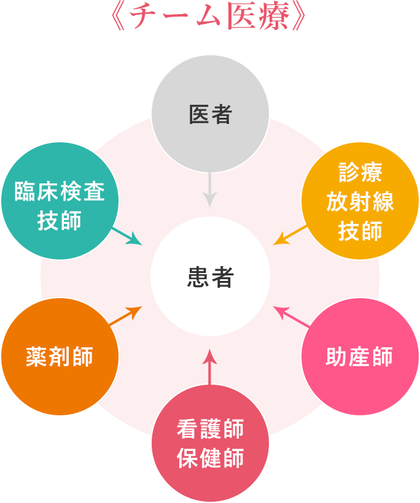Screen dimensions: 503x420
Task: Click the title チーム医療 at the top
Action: point(210,17)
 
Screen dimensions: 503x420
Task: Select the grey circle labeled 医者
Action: point(210,114)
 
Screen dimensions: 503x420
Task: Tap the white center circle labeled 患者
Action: point(210,277)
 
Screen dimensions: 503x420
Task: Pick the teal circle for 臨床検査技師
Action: point(59,201)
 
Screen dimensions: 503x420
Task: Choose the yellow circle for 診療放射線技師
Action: point(360,201)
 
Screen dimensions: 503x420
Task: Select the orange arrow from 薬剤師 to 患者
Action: point(125,315)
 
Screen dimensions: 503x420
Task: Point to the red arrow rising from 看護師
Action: point(210,367)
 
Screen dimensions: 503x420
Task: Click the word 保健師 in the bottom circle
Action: point(210,458)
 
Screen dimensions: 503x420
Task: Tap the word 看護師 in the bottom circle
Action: point(210,428)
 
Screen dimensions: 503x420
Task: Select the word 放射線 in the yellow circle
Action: point(360,202)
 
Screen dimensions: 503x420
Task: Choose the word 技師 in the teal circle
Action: point(59,220)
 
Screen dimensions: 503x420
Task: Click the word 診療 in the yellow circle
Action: point(360,173)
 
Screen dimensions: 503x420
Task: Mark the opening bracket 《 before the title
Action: point(122,17)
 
